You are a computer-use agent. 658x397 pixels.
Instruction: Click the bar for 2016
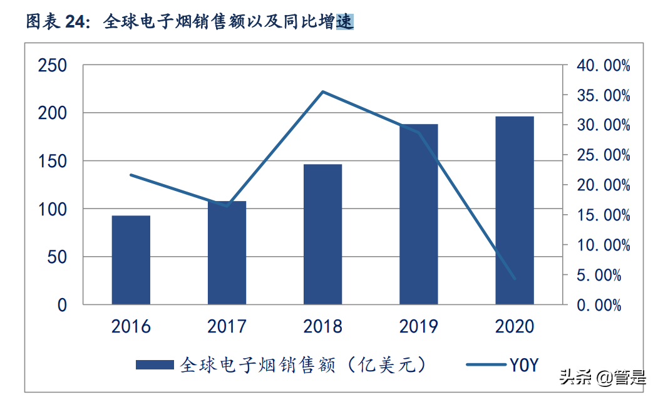(x=131, y=260)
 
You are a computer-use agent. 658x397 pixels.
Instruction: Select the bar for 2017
(x=227, y=253)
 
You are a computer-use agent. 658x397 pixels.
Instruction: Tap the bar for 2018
(x=322, y=234)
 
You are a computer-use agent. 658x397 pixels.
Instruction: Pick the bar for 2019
(x=418, y=214)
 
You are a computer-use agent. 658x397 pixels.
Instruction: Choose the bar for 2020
(x=514, y=210)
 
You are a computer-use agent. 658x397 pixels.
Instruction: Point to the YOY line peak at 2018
(x=322, y=92)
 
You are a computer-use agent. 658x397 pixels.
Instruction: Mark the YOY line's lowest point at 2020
(x=515, y=278)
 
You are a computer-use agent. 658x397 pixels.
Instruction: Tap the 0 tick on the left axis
(x=62, y=305)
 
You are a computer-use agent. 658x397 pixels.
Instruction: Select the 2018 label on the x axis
(x=322, y=326)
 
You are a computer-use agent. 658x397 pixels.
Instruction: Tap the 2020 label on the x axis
(x=514, y=326)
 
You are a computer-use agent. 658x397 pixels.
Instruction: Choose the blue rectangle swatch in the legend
(x=155, y=364)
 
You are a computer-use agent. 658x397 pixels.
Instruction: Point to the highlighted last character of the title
(x=345, y=23)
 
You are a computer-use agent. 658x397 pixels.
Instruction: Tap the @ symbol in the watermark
(x=604, y=378)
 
